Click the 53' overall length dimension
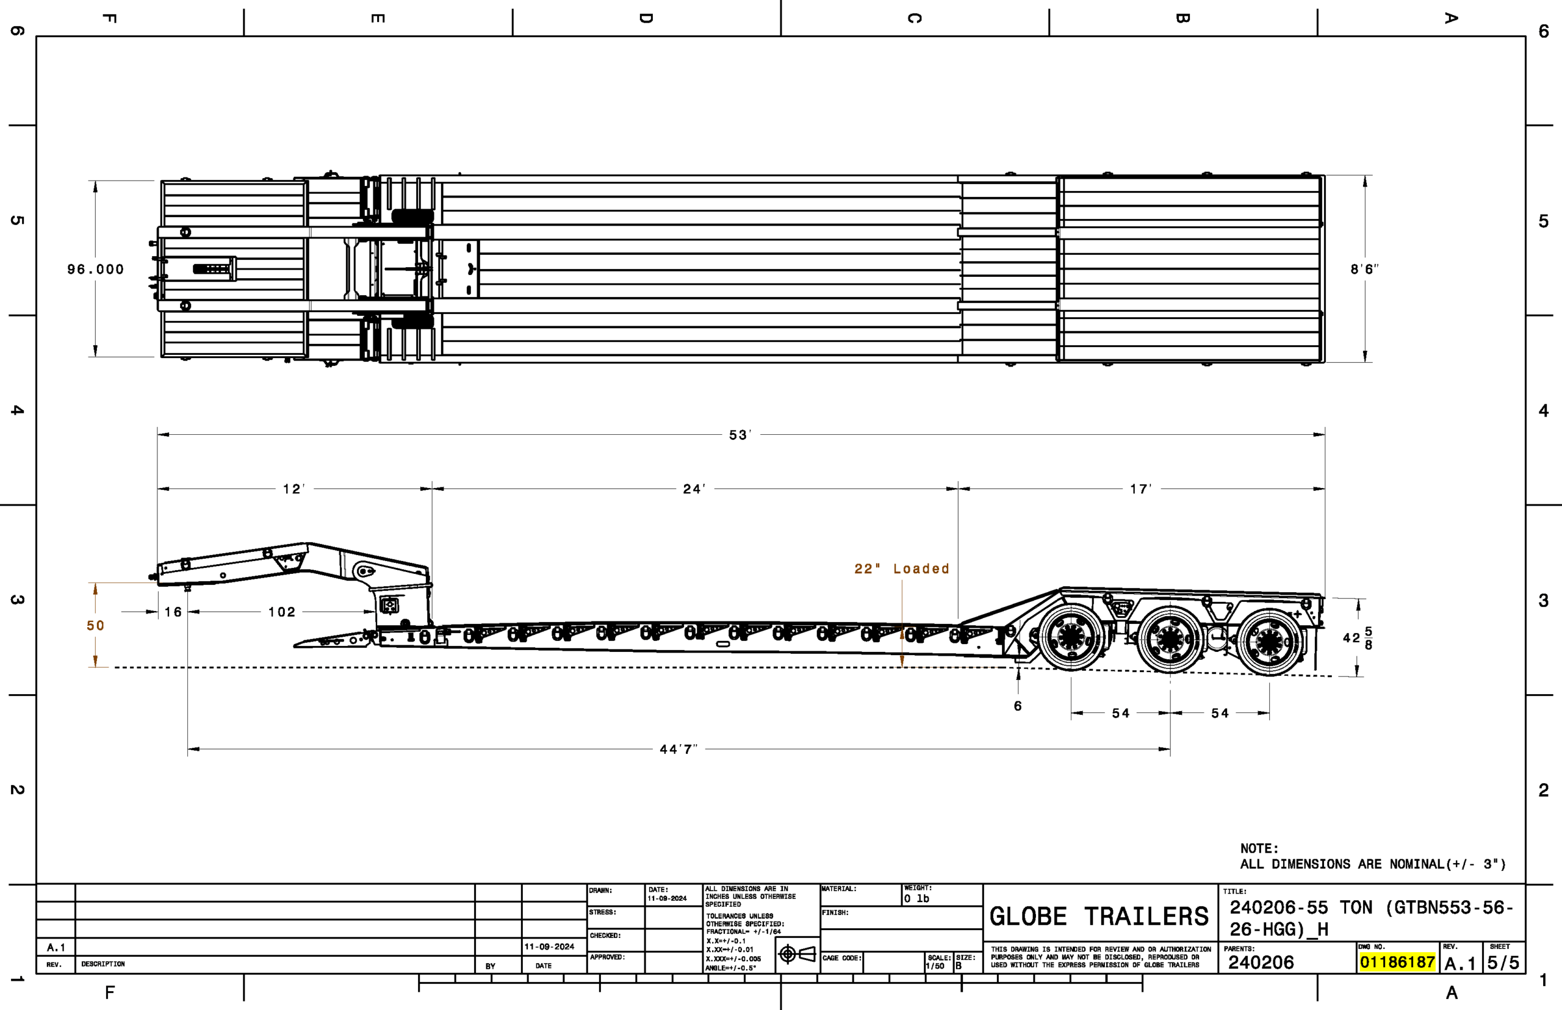740,435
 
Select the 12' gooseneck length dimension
294,489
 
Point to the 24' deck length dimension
694,489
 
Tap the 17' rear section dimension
1141,489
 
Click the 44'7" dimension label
678,749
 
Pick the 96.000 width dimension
96,270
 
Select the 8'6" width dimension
1364,270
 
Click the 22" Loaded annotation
901,568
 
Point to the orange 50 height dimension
96,626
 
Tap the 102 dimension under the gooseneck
282,612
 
